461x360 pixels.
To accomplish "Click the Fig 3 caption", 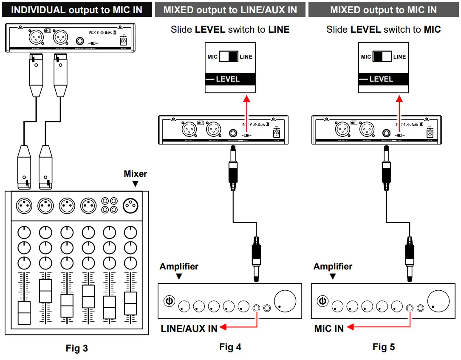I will [77, 349].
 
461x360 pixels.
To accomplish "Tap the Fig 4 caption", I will [230, 347].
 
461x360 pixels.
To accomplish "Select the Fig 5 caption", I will [384, 347].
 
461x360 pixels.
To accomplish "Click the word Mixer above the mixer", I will [136, 174].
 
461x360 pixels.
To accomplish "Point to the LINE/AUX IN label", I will [189, 328].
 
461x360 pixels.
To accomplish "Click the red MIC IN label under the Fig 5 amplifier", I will [329, 329].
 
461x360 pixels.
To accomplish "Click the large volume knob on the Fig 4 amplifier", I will [285, 301].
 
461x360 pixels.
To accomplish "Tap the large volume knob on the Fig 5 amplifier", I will [438, 301].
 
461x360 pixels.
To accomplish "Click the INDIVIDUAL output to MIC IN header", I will [76, 10].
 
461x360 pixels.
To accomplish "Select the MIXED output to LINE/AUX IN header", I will [230, 10].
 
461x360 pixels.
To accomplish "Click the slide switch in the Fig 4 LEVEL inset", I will [229, 57].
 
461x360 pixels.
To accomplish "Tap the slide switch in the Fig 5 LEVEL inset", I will [382, 57].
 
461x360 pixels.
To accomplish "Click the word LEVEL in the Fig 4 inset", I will [228, 79].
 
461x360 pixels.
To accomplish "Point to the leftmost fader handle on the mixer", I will [24, 313].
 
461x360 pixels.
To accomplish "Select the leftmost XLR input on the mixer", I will [24, 206].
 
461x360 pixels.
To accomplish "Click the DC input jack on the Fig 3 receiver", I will [124, 42].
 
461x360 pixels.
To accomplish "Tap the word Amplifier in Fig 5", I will [333, 266].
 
